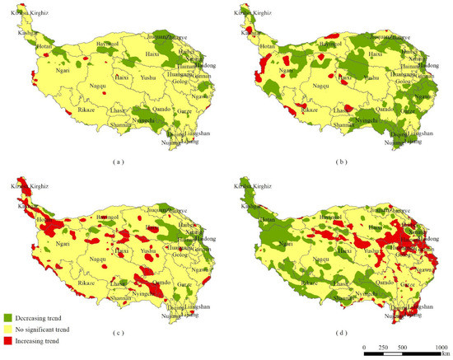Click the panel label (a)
tap(118, 162)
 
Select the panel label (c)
tap(118, 333)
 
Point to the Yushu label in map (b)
tap(371, 78)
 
